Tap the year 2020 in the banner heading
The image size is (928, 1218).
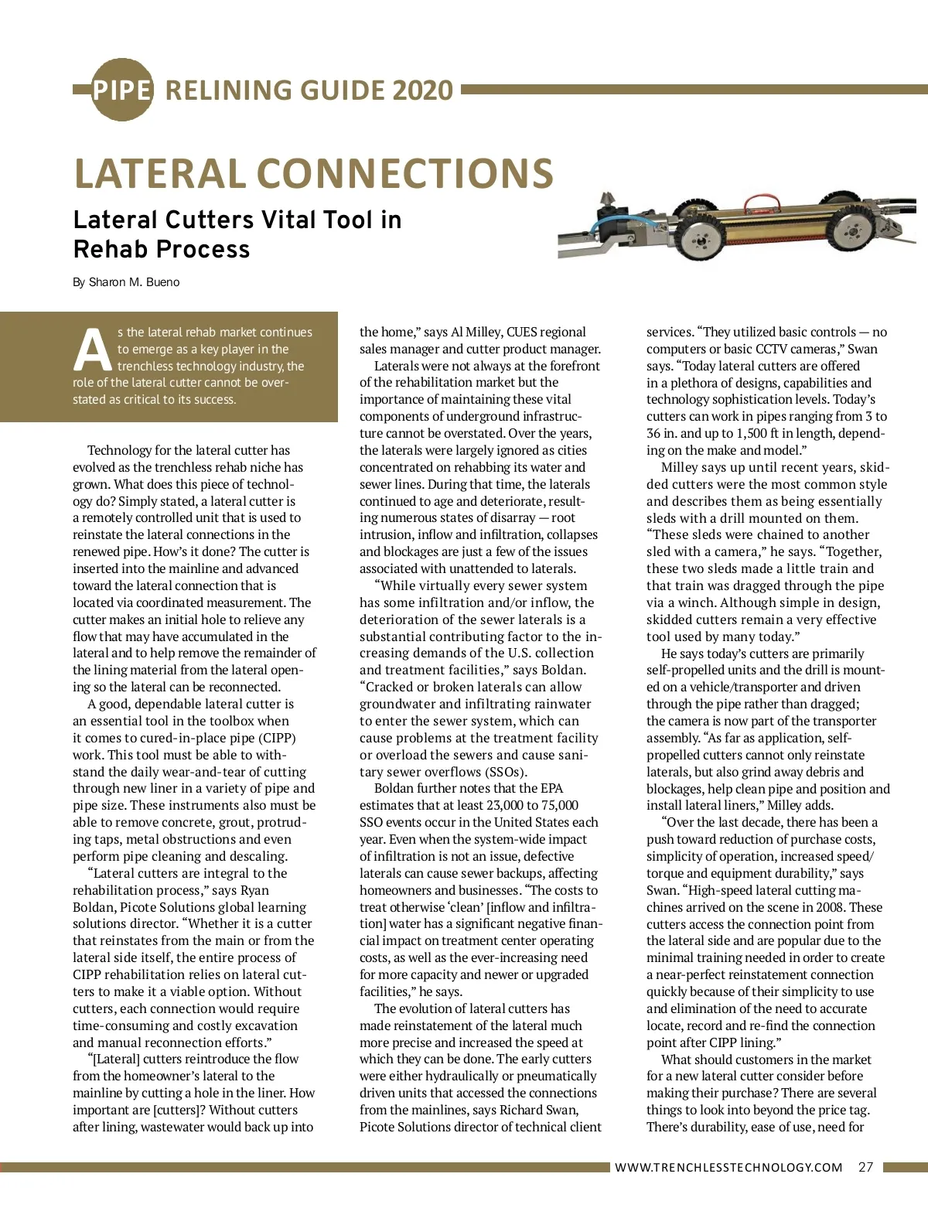(x=422, y=90)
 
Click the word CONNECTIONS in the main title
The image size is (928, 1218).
(x=405, y=173)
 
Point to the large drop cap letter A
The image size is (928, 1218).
(x=93, y=350)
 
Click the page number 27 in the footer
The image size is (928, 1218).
(x=865, y=1167)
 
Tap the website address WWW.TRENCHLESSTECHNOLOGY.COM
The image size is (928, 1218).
(x=728, y=1168)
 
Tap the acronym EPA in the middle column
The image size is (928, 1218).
(x=552, y=788)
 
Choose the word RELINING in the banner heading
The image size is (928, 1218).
(x=232, y=90)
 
